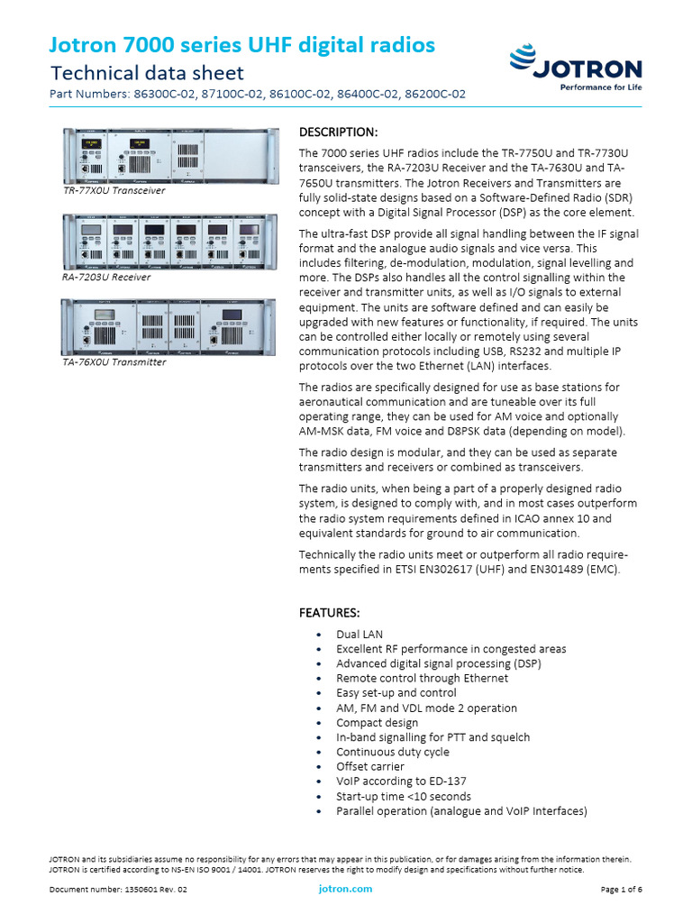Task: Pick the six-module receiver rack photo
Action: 168,242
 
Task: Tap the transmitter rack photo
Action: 168,326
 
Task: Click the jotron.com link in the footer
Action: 345,889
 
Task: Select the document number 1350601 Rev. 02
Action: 118,890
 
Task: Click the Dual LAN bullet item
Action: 360,635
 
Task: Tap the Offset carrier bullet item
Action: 370,766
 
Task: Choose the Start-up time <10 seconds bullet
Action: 403,796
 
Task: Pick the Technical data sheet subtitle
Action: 147,72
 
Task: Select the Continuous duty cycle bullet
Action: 392,752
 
